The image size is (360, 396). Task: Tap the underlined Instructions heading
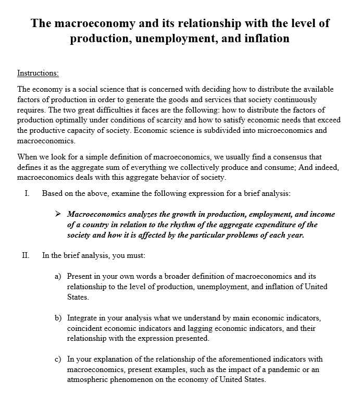[x=38, y=73]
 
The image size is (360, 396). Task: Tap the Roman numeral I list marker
[x=27, y=193]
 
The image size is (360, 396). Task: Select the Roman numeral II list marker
[x=26, y=255]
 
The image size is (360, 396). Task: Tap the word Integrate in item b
[x=82, y=318]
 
